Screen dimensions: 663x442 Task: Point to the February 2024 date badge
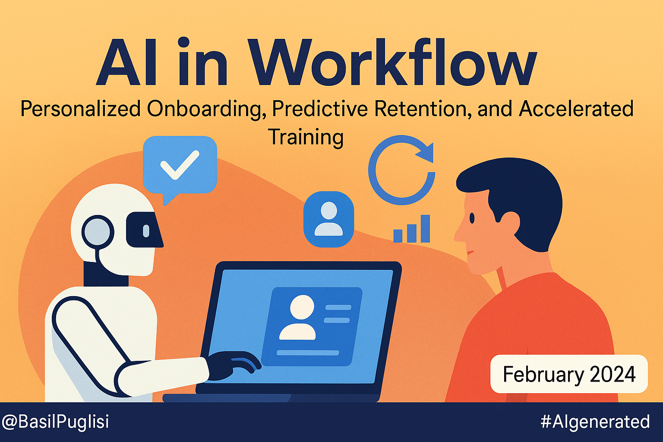pos(569,374)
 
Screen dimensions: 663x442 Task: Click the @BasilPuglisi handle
pos(56,422)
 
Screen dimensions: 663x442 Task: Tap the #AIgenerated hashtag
pos(595,422)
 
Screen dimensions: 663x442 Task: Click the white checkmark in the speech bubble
pos(180,165)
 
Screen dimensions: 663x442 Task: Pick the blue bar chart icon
pos(412,228)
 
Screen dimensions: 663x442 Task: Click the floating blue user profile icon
pos(328,219)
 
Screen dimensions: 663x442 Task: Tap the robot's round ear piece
pos(98,231)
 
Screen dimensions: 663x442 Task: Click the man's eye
pos(472,218)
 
